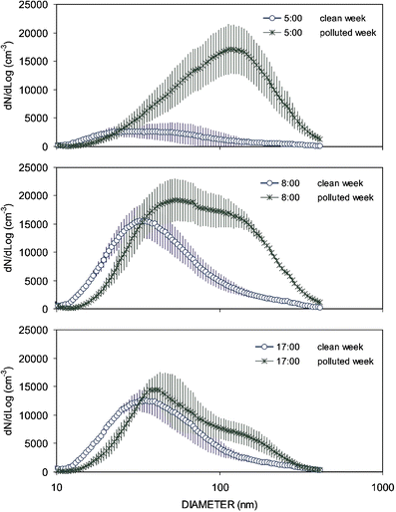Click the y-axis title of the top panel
(x=8, y=77)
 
